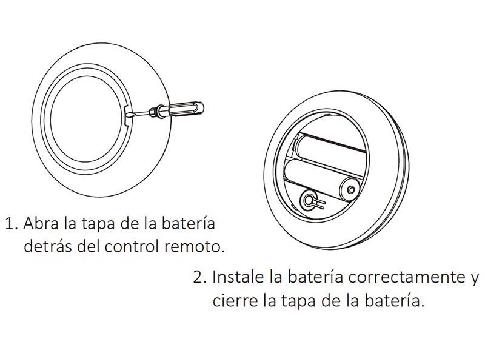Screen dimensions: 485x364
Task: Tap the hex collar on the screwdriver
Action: click(x=154, y=112)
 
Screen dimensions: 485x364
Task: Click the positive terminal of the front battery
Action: click(x=351, y=189)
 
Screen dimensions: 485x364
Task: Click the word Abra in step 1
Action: click(x=41, y=223)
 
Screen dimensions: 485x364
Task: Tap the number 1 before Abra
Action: click(x=10, y=224)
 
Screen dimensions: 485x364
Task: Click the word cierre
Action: click(x=235, y=300)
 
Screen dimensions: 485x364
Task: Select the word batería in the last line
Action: click(x=393, y=300)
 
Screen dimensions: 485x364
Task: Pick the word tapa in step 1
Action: click(x=99, y=224)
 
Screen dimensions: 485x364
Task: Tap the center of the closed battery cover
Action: click(x=85, y=118)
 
